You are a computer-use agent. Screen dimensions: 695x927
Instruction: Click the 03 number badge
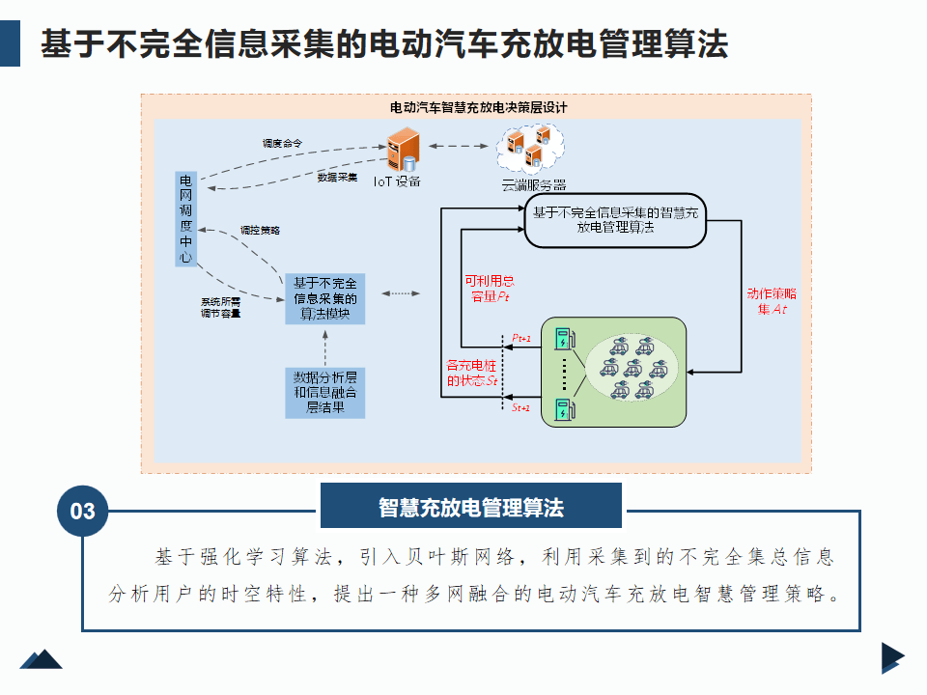click(83, 510)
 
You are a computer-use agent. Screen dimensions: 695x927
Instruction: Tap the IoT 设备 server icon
click(401, 153)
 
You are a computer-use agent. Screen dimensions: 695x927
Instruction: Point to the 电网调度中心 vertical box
click(185, 219)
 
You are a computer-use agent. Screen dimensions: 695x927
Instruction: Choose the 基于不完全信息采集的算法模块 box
click(325, 298)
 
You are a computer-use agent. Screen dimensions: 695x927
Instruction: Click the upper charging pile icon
click(560, 341)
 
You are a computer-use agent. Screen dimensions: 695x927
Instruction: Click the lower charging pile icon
click(560, 408)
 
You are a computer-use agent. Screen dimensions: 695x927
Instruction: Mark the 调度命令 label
click(282, 143)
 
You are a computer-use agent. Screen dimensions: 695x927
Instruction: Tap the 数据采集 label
click(337, 177)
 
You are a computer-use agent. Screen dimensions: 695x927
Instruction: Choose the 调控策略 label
click(259, 230)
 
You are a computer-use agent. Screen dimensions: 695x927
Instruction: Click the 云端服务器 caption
click(533, 184)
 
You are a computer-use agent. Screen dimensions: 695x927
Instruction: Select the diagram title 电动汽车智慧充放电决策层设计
click(478, 107)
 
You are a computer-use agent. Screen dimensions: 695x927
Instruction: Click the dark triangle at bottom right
click(891, 657)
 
